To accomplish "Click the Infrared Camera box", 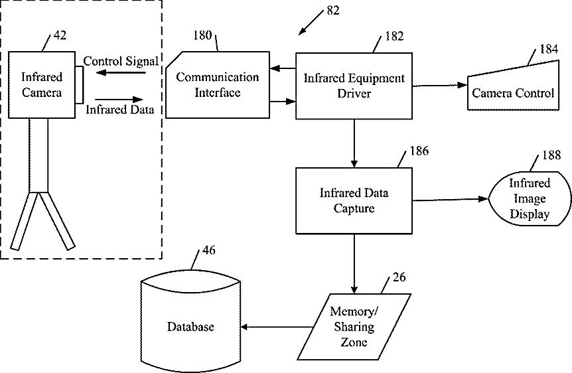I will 42,86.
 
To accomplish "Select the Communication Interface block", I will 217,85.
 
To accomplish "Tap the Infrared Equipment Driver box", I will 354,86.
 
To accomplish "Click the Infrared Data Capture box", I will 354,200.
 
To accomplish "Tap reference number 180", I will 202,35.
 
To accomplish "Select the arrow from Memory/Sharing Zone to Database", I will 277,327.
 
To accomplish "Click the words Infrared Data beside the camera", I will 120,110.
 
